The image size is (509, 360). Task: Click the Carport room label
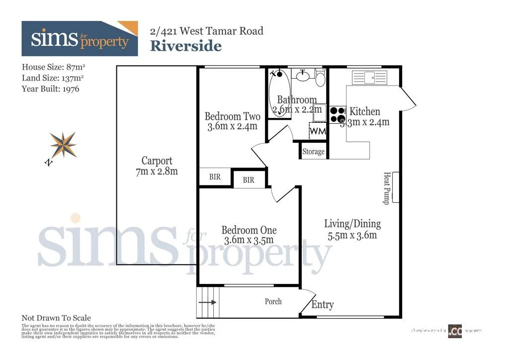pos(157,161)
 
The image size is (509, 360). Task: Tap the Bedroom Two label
pos(232,116)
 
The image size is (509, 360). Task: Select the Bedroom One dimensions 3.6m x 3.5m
pos(249,240)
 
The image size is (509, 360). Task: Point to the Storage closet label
pos(313,152)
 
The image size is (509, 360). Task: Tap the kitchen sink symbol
pos(369,77)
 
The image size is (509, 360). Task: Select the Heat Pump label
pos(386,188)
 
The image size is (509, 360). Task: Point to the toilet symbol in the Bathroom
pos(320,78)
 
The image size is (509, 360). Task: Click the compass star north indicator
pos(64,145)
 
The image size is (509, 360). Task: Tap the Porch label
pos(273,301)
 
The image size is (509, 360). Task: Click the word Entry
pos(322,305)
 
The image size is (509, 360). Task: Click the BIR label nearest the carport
pos(215,177)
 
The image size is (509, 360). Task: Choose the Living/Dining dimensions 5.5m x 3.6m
pos(352,235)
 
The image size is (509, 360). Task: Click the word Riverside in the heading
pos(185,46)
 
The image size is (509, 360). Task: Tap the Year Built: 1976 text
pos(50,89)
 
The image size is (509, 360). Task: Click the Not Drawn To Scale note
pos(56,318)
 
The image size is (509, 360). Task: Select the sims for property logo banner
pos(80,39)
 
